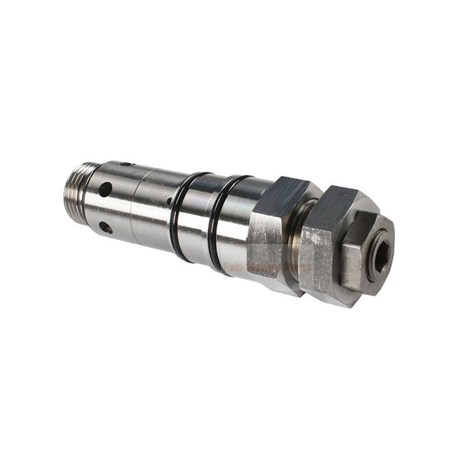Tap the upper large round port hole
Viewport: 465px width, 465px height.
coord(106,189)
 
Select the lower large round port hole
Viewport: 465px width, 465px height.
coord(106,227)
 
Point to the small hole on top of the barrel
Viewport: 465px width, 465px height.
coord(126,164)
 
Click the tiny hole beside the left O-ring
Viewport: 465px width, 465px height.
coord(169,203)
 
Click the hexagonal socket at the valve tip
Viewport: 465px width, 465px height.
coord(379,256)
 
